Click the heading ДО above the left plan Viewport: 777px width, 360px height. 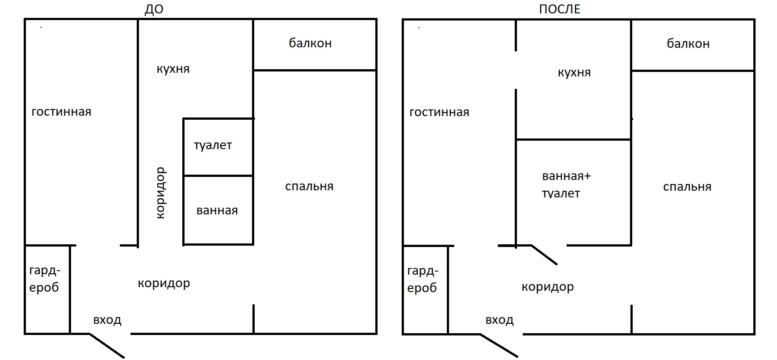pos(154,9)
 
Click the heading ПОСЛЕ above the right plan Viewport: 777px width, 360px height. pos(559,9)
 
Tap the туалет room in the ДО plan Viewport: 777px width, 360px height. pos(218,147)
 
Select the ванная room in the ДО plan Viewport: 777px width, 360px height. pos(218,210)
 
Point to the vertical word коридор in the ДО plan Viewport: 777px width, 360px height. pos(161,193)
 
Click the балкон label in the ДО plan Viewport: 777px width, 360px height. pos(310,43)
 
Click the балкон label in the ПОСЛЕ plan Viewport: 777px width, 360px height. pos(688,44)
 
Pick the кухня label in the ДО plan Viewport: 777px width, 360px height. pos(173,69)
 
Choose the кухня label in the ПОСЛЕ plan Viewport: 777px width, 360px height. pos(574,73)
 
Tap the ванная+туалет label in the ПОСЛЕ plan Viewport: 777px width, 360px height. pos(566,185)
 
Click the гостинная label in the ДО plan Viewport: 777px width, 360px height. pos(61,112)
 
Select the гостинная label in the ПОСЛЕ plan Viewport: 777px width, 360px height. pos(439,112)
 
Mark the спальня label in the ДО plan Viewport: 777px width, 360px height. pos(309,187)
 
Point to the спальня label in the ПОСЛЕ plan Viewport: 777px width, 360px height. pos(687,187)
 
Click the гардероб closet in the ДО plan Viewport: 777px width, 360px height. pos(47,289)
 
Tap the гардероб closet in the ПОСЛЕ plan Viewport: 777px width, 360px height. pos(425,289)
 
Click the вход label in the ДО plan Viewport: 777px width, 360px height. pos(107,320)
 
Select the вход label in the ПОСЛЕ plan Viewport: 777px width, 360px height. pos(500,320)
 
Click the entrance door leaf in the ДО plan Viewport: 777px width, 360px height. pos(107,345)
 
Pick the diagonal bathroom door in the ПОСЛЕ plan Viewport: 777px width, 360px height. pos(544,255)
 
